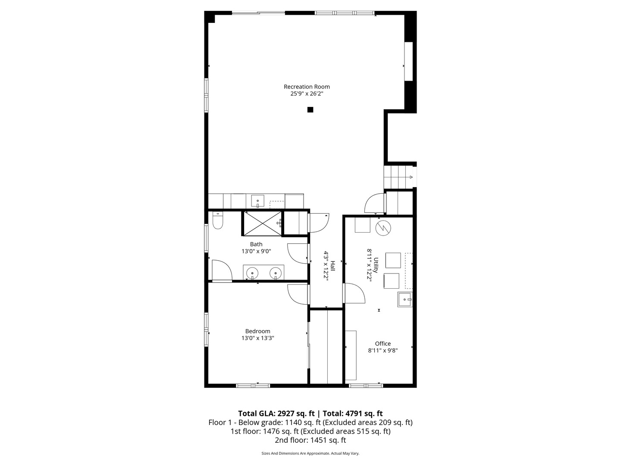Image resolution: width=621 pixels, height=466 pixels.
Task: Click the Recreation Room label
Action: pyautogui.click(x=307, y=87)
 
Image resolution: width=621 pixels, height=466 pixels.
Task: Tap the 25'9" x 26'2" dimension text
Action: pyautogui.click(x=307, y=93)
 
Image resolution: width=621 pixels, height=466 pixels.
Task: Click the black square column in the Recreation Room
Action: pyautogui.click(x=310, y=110)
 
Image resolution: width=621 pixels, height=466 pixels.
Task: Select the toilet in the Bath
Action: pyautogui.click(x=218, y=221)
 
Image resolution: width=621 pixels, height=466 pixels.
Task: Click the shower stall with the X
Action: pyautogui.click(x=262, y=223)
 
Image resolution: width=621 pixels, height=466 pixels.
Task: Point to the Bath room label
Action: pyautogui.click(x=256, y=244)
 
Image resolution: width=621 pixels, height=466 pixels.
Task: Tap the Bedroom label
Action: pyautogui.click(x=258, y=331)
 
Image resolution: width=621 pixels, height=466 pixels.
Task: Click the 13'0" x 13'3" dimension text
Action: pyautogui.click(x=258, y=338)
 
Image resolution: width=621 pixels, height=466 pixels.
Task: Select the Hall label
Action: pyautogui.click(x=332, y=266)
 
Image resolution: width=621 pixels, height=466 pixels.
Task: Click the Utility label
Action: pyautogui.click(x=376, y=265)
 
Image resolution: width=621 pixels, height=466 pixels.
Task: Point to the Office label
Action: pyautogui.click(x=383, y=344)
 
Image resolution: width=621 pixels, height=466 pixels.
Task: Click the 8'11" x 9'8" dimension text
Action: pyautogui.click(x=383, y=351)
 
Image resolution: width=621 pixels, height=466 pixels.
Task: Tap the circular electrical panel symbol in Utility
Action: pyautogui.click(x=383, y=228)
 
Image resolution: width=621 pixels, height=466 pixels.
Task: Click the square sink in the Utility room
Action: pyautogui.click(x=405, y=299)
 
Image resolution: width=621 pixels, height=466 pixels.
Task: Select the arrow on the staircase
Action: pyautogui.click(x=411, y=177)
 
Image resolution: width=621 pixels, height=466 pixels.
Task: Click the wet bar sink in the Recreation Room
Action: pyautogui.click(x=257, y=201)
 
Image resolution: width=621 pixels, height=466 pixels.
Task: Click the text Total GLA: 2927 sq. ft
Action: pyautogui.click(x=276, y=413)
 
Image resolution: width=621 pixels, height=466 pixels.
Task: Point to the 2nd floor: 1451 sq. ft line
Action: pyautogui.click(x=310, y=440)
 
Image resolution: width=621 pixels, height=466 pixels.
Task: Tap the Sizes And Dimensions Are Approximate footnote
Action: pyautogui.click(x=310, y=453)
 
